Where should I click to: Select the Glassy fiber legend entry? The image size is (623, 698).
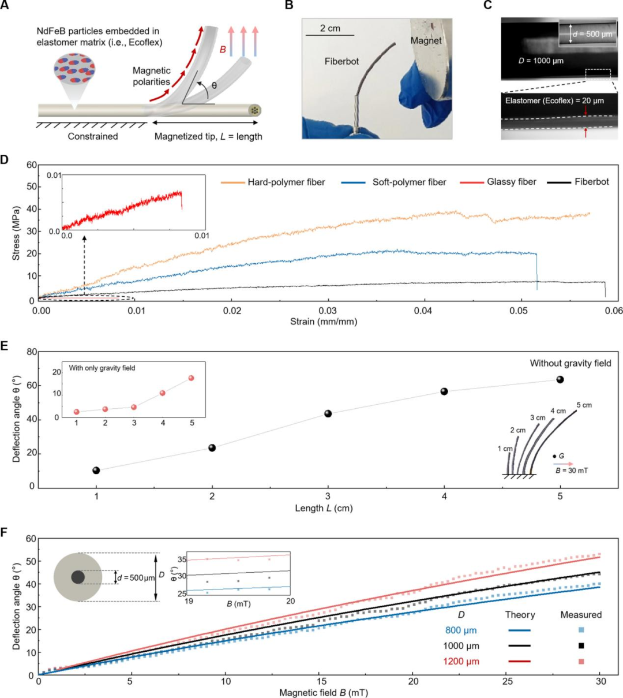511,182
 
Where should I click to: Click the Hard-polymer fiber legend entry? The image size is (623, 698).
286,182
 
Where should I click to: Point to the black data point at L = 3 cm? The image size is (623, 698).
328,413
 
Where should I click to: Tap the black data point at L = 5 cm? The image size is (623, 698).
560,379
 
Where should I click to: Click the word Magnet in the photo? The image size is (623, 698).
426,40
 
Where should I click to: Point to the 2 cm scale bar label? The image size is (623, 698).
330,28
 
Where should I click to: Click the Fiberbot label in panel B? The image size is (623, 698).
342,61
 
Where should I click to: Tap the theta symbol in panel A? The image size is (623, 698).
215,85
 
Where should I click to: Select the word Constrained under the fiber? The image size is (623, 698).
93,137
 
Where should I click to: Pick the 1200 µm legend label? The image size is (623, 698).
462,661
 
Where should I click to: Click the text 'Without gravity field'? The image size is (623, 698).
571,363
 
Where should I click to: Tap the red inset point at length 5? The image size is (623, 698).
192,378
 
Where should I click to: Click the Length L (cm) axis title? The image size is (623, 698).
324,509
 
